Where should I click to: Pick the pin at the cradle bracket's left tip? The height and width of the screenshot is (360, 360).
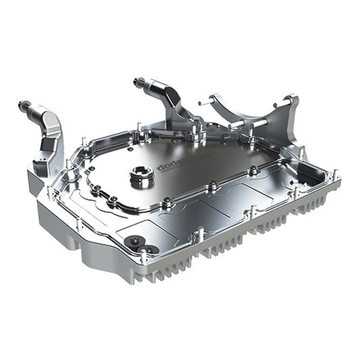212,96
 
